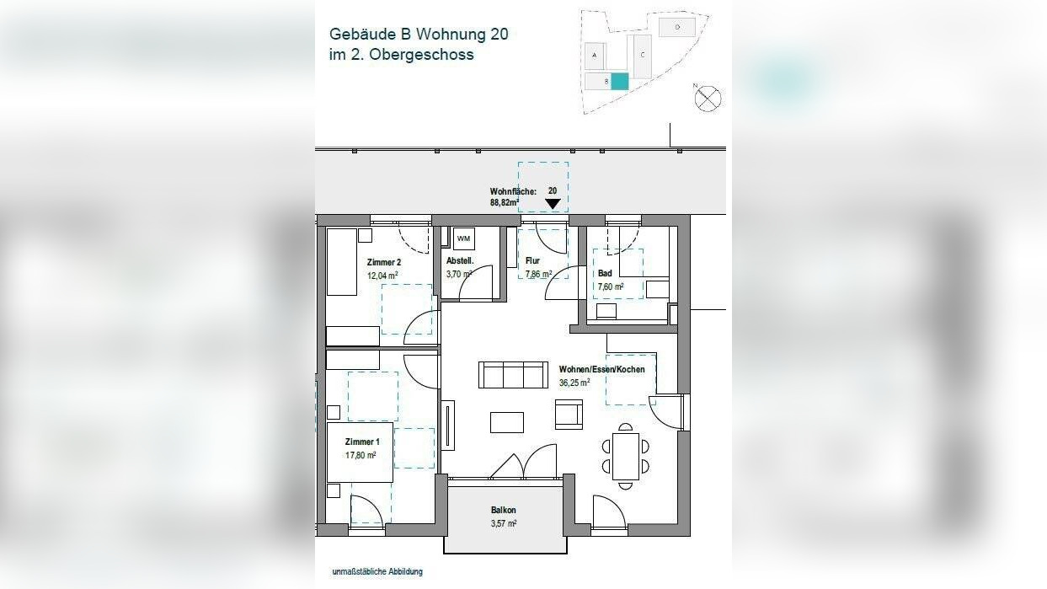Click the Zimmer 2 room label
384,262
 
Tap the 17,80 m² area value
361,455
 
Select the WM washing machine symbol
463,238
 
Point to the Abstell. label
460,261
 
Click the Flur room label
532,261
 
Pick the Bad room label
605,274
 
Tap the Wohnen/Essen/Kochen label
601,370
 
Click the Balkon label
504,511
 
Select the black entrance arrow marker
553,203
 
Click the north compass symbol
708,98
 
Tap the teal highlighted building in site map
619,82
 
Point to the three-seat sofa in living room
513,375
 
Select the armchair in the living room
569,414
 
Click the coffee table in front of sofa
507,422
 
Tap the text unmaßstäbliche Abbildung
377,572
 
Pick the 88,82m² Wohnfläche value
504,203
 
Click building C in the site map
642,56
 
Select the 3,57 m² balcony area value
504,523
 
